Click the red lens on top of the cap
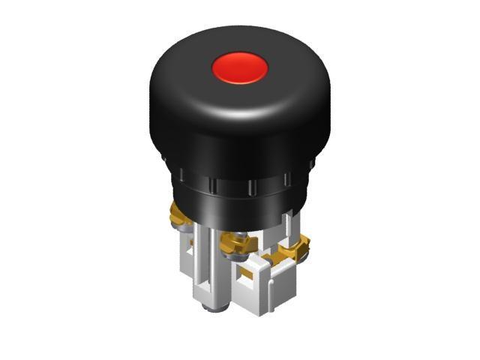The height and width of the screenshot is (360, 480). pos(240,68)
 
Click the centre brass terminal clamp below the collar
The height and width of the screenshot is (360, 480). pos(238,241)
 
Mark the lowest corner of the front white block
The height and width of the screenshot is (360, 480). pos(259,314)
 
